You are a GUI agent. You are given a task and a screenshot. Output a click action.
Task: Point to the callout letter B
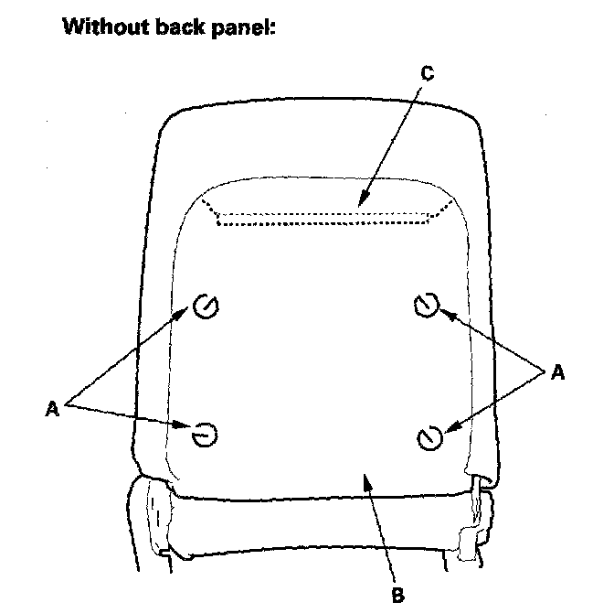[x=397, y=595]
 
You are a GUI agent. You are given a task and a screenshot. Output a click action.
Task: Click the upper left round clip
[x=205, y=308]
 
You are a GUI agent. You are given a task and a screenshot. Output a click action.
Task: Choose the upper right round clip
[x=426, y=305]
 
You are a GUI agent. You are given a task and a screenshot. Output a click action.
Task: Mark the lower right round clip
[x=428, y=438]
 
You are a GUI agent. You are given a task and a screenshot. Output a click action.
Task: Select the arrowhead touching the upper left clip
[x=186, y=313]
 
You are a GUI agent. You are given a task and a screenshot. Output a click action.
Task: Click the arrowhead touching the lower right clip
[x=446, y=425]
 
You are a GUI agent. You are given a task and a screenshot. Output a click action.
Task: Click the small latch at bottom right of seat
[x=470, y=539]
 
